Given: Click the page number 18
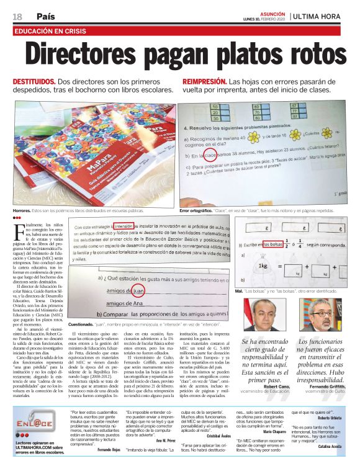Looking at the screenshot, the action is tap(17, 16).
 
